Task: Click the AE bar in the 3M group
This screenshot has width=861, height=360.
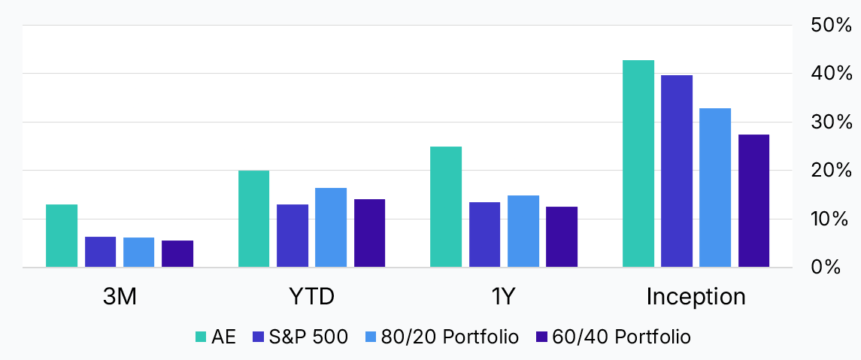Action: [x=62, y=236]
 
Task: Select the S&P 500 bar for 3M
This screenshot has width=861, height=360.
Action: [x=100, y=252]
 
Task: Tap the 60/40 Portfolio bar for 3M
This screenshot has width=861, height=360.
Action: [x=177, y=254]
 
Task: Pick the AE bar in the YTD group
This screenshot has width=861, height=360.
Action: [x=253, y=219]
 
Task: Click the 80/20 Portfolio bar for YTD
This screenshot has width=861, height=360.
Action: [x=331, y=228]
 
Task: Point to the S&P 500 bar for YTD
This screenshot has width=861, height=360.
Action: [x=293, y=236]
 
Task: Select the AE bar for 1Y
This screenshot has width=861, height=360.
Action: [x=446, y=207]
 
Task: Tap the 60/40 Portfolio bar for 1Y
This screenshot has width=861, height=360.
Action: [x=562, y=237]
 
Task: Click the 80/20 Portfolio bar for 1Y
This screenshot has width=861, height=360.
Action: [x=523, y=231]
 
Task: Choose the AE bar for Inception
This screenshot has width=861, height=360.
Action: [x=638, y=164]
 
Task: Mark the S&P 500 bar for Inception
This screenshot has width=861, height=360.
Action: [x=677, y=171]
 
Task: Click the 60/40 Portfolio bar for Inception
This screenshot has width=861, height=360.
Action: [x=753, y=201]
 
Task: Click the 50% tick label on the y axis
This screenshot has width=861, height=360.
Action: [x=831, y=26]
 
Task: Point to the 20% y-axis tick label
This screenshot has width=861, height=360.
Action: [x=831, y=171]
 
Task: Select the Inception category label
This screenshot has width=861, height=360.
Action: [x=696, y=297]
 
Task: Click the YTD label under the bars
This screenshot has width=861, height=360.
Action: [x=311, y=297]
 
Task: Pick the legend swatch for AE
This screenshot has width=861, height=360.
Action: [x=200, y=337]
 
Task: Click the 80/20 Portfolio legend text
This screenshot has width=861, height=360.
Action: [x=460, y=337]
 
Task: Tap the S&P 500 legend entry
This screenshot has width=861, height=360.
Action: [x=309, y=337]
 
